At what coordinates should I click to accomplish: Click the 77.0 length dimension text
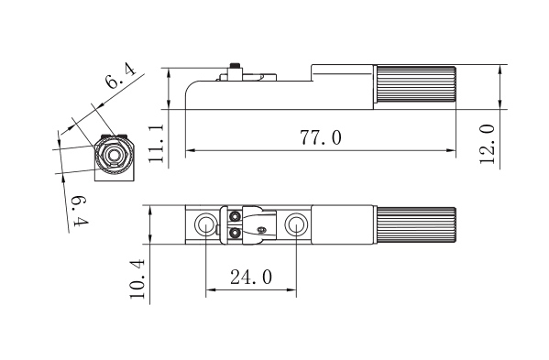[321, 138]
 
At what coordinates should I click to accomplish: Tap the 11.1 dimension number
[157, 144]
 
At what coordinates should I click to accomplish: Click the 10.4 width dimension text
[137, 278]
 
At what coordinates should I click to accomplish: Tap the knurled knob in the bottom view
[414, 225]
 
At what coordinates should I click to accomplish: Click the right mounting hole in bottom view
[295, 224]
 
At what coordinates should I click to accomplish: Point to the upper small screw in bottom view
[236, 217]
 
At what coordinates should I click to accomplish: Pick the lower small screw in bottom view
[236, 233]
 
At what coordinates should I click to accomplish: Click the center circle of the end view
[113, 153]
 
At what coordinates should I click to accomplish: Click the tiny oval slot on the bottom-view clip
[262, 229]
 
